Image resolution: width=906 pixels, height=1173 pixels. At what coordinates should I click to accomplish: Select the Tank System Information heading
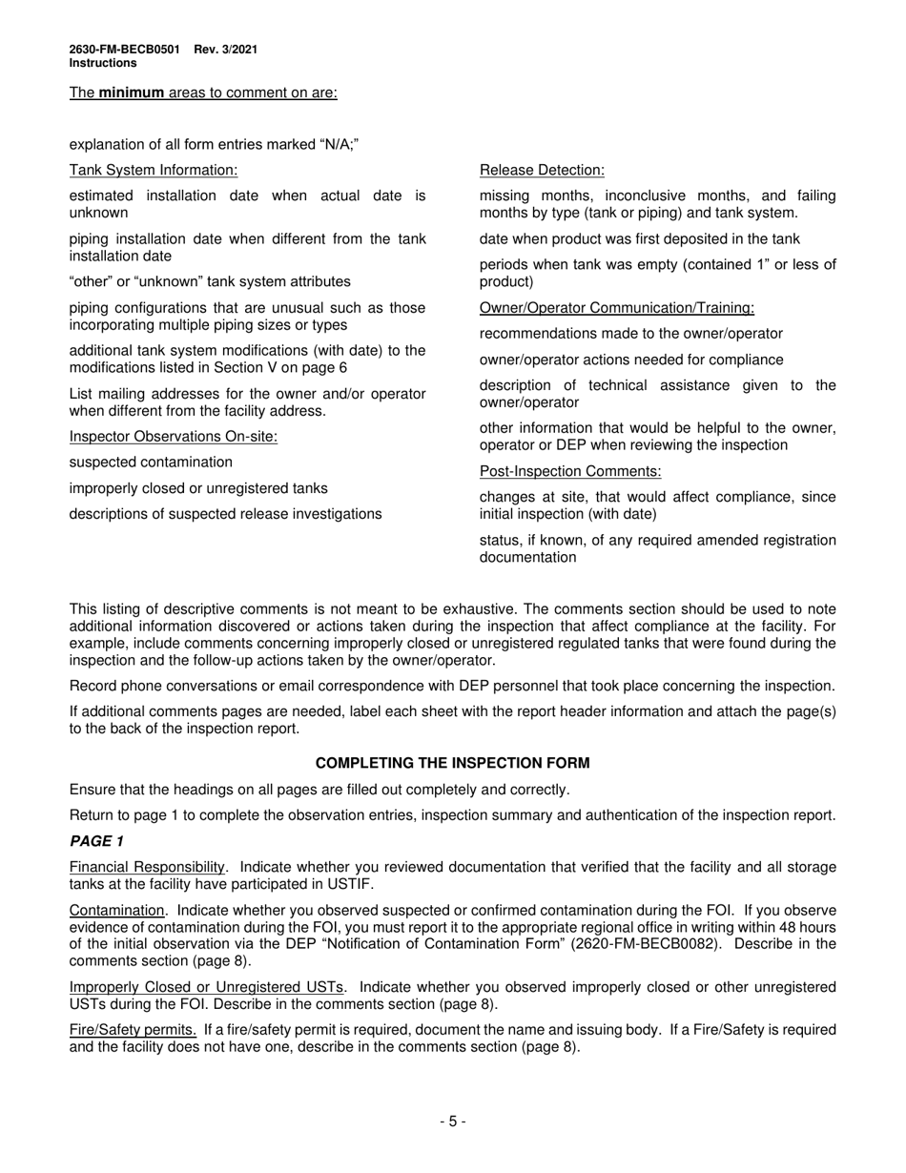(154, 170)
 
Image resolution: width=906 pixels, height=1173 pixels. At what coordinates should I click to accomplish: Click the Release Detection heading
(542, 170)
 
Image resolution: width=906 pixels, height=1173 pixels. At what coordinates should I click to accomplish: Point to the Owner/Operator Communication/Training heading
(616, 308)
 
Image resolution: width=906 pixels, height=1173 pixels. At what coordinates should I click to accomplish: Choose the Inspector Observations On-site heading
(174, 437)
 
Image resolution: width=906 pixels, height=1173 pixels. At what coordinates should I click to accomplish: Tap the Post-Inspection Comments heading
(570, 472)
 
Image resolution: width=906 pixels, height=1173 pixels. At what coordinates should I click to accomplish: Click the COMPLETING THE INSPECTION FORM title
(452, 763)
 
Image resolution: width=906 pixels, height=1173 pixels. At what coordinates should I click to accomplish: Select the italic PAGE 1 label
(96, 841)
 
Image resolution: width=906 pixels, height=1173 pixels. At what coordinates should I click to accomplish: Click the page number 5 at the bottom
(453, 1122)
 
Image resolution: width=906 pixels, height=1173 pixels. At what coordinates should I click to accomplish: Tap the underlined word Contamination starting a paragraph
(116, 911)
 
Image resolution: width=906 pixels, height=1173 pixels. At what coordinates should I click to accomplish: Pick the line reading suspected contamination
(151, 463)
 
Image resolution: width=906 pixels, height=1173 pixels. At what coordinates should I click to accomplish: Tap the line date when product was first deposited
(639, 239)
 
